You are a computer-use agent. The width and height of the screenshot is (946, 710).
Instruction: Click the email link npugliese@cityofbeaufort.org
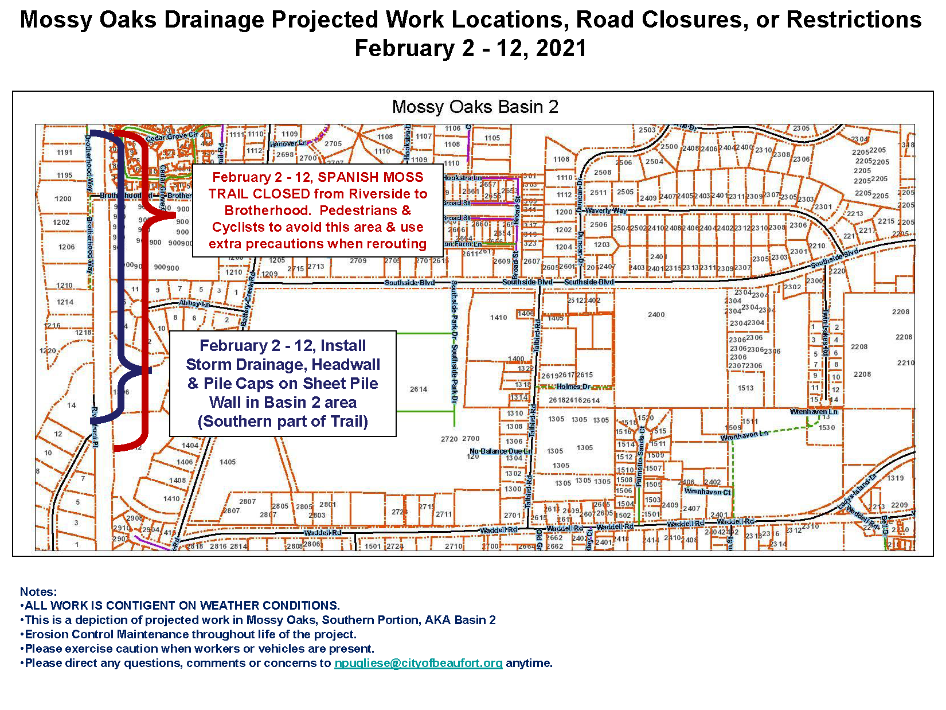(x=418, y=663)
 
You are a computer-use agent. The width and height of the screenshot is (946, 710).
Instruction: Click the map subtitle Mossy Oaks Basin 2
(x=475, y=107)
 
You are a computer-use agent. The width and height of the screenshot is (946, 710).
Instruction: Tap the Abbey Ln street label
(x=194, y=303)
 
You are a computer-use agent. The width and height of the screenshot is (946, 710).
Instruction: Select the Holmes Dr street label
(x=573, y=387)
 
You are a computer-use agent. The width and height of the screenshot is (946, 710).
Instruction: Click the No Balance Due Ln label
(x=501, y=451)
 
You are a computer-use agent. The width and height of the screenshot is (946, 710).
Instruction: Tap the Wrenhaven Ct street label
(x=707, y=491)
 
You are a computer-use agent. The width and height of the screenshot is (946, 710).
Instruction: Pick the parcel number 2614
(x=419, y=389)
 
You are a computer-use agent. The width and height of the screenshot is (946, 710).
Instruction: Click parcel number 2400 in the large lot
(x=656, y=314)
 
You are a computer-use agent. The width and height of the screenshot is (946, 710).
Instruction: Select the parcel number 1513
(x=745, y=388)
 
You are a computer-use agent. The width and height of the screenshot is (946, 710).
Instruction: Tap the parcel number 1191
(x=65, y=153)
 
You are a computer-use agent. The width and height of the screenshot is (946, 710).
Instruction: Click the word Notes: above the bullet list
(x=38, y=592)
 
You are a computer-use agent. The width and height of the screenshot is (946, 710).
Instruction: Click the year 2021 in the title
(x=560, y=48)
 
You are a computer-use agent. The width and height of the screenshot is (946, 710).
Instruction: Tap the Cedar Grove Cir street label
(x=171, y=137)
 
